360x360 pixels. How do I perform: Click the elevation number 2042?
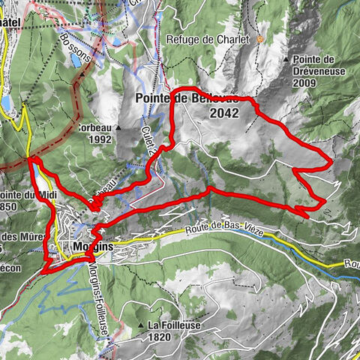pos(224,113)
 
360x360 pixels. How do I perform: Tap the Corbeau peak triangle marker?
pos(119,127)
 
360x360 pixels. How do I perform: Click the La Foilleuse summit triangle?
pos(141,325)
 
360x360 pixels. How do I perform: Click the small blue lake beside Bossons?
pos(76,60)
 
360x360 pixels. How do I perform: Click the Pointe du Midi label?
pos(16,196)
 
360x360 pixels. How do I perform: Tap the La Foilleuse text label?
pos(172,325)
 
